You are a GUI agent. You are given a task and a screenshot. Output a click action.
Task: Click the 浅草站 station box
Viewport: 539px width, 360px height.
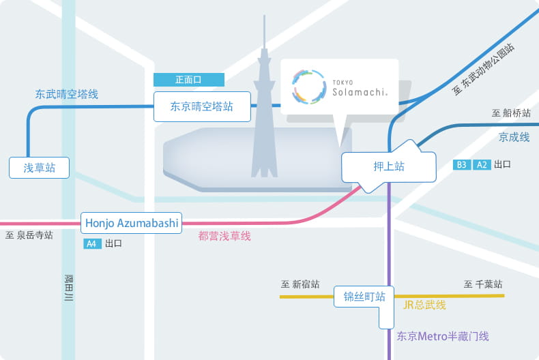[39, 168]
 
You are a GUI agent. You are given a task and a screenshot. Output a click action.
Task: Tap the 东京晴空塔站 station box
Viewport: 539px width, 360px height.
[202, 106]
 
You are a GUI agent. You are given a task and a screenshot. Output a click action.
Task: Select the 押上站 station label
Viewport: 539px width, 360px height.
[389, 166]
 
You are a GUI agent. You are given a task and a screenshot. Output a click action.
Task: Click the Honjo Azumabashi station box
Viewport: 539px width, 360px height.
[131, 223]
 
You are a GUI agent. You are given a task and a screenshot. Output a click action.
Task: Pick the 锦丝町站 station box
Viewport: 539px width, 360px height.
[364, 297]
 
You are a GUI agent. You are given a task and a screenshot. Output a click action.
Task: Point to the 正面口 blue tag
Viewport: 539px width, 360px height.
[189, 80]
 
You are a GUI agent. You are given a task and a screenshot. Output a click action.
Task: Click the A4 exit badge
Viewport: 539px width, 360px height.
[93, 243]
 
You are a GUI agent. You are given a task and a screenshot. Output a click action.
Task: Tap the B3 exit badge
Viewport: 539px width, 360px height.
[462, 165]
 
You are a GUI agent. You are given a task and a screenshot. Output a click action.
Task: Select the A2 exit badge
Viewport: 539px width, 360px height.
[482, 165]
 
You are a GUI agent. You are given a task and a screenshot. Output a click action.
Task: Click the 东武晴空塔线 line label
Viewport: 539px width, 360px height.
[67, 94]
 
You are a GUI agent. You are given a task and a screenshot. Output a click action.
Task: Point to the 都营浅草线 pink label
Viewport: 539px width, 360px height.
[224, 236]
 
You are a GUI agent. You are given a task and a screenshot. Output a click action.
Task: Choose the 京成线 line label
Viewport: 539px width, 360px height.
[514, 137]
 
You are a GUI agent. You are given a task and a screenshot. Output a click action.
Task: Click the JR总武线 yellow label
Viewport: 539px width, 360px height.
[424, 305]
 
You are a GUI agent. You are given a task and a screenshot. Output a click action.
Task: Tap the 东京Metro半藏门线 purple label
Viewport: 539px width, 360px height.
[443, 336]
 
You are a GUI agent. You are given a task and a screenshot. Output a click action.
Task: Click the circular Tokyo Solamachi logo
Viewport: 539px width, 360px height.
[308, 87]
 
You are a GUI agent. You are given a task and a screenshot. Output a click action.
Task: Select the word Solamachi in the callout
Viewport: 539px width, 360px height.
[360, 92]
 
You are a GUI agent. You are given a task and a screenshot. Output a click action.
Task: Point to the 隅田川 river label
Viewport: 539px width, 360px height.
[69, 288]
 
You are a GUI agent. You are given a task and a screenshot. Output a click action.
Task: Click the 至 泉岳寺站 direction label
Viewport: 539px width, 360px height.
[29, 235]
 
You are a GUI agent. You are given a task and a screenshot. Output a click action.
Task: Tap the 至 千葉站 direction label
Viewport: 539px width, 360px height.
[483, 284]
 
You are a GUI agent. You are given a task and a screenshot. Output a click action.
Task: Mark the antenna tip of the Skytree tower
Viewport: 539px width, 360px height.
[264, 16]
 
